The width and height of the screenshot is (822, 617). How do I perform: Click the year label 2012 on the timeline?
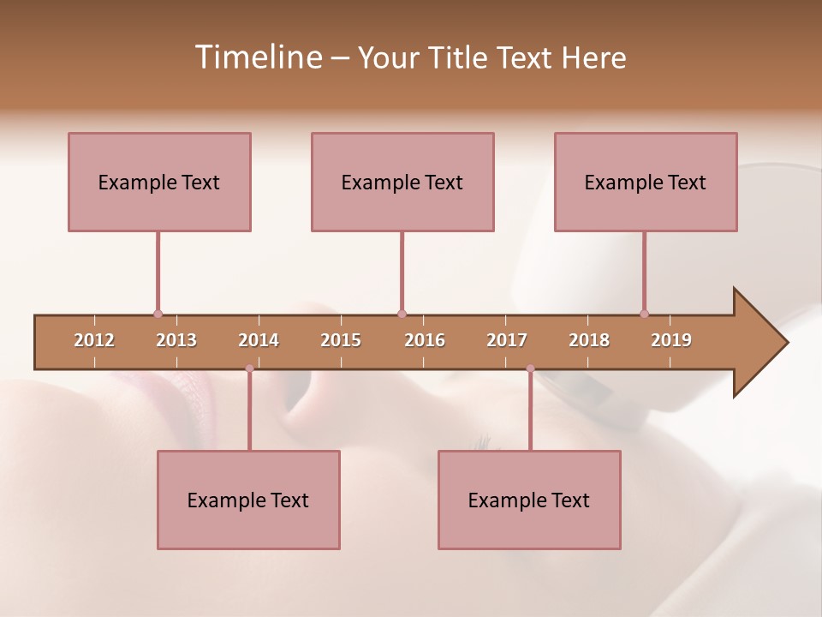94,340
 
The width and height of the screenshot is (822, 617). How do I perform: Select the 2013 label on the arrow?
176,340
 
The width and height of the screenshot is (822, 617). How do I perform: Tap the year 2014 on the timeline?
259,340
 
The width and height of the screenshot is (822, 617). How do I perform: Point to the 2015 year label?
341,340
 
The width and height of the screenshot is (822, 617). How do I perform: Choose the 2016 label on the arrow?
425,340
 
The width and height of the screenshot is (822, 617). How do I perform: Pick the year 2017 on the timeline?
507,340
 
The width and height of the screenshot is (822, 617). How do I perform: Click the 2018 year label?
589,340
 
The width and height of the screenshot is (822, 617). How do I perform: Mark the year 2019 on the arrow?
671,340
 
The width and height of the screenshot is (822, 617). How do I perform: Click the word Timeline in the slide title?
258,57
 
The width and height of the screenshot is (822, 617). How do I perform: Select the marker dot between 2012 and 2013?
158,314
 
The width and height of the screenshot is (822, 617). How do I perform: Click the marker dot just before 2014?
249,368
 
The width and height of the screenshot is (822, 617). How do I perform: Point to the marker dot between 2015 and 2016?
402,314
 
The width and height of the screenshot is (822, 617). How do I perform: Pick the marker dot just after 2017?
530,368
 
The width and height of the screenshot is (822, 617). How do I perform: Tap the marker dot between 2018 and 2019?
644,314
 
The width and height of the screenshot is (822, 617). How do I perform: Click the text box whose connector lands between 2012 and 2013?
159,182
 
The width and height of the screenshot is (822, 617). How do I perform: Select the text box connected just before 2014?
248,500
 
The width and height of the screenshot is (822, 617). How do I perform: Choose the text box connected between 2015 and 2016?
402,182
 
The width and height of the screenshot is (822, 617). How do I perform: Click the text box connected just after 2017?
529,500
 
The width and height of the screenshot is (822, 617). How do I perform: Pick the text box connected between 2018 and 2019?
646,182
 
